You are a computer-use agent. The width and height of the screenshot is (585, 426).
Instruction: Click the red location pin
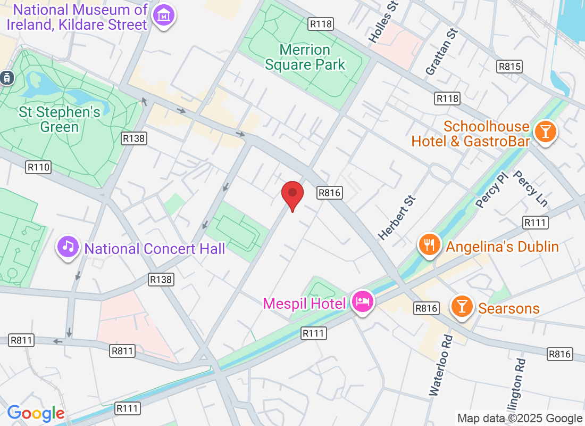(x=292, y=193)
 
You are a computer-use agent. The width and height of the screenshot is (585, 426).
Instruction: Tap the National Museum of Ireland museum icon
(x=164, y=16)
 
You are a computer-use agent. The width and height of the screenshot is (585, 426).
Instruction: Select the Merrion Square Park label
(x=305, y=58)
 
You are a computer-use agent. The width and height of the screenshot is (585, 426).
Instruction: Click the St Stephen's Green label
(x=59, y=119)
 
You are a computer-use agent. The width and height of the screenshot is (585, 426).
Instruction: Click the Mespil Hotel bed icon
(x=363, y=302)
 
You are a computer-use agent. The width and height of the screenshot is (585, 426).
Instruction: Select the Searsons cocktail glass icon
(x=462, y=307)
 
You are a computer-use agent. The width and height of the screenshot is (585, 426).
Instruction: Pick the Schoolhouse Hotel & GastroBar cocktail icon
(x=545, y=130)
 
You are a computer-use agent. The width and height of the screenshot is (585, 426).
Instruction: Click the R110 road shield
(x=38, y=167)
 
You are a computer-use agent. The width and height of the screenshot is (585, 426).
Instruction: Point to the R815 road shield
(x=509, y=67)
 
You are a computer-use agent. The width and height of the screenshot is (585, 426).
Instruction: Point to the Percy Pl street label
(x=492, y=190)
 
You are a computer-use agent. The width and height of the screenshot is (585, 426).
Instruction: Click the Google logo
(x=36, y=413)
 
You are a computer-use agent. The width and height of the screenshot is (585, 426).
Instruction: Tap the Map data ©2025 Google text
(x=520, y=419)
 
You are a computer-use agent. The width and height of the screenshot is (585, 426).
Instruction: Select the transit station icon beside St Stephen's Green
(x=7, y=78)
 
